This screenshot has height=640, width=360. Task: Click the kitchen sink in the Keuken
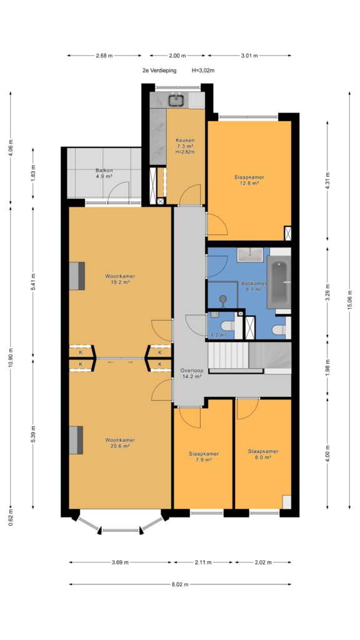[x=177, y=99]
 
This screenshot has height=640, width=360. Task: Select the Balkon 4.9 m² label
[x=104, y=173]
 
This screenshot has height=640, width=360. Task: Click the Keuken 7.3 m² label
[x=185, y=146]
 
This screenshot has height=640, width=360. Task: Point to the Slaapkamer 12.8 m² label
[x=249, y=180]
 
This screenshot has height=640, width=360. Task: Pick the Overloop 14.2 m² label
[x=192, y=374]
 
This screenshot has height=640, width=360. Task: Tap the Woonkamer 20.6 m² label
[x=120, y=443]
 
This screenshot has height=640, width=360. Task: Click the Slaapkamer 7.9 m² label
[x=204, y=457]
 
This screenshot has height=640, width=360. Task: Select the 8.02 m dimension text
[x=180, y=584]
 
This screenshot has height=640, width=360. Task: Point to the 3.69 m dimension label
[x=120, y=562]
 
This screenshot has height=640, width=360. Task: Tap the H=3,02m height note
[x=203, y=70]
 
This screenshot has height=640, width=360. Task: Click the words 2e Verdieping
[x=159, y=70]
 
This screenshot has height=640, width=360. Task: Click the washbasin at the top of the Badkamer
[x=251, y=255]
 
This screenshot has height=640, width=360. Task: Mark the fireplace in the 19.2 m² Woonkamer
[x=76, y=276]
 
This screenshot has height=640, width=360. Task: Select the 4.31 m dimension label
[x=327, y=181]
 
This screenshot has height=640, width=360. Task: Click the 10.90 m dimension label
[x=11, y=358]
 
